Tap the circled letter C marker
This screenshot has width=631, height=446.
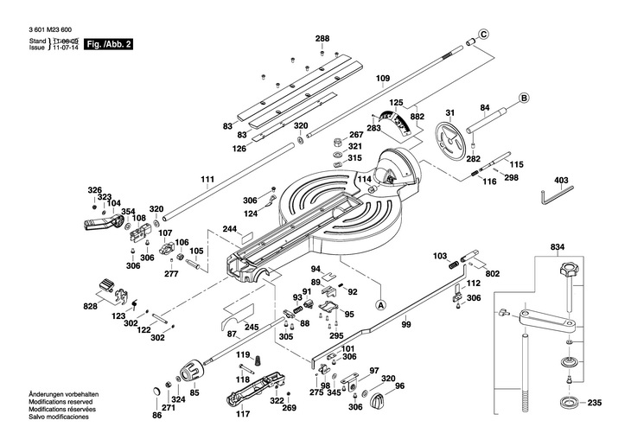(x=484, y=34)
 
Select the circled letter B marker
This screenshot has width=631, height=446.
(x=524, y=97)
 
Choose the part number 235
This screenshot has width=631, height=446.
(x=594, y=403)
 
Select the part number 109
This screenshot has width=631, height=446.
(x=383, y=79)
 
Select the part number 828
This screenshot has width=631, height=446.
(x=90, y=307)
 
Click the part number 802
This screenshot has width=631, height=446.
(x=493, y=274)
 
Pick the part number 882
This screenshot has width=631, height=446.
(x=417, y=116)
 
